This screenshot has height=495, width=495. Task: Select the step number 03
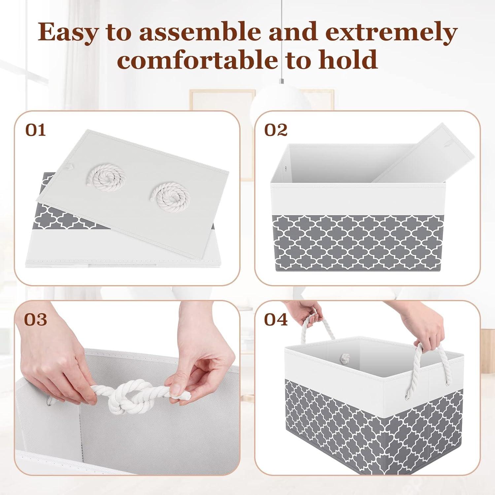[x=36, y=319]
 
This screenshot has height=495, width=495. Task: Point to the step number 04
[x=276, y=319]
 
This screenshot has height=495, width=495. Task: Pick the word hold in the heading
[x=348, y=59]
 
